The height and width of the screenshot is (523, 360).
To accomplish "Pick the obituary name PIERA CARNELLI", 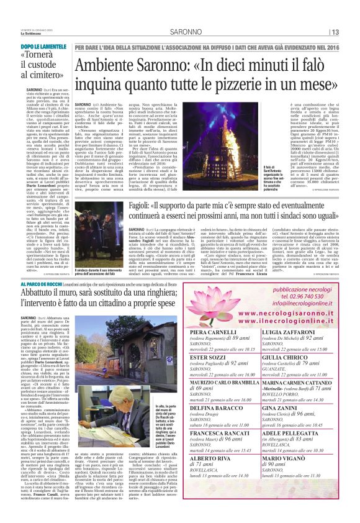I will click(x=212, y=334).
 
